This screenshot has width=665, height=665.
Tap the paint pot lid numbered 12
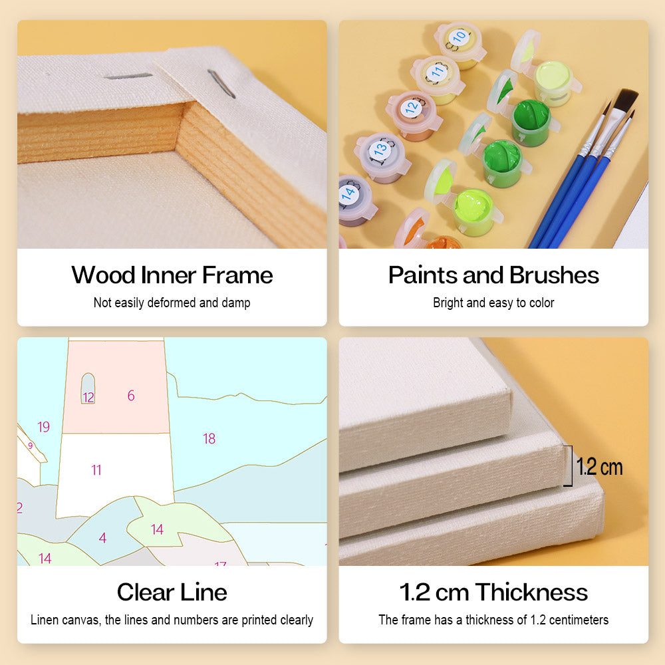click(412, 108)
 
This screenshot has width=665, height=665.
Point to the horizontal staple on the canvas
click(128, 76)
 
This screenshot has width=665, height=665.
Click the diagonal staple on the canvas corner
click(221, 84)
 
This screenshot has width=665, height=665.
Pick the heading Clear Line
click(172, 592)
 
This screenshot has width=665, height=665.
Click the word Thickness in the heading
click(531, 592)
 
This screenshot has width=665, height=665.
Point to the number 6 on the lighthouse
click(131, 396)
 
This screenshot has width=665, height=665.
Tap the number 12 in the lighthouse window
click(88, 398)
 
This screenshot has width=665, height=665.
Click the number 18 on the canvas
click(209, 438)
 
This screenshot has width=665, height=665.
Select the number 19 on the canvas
click(43, 427)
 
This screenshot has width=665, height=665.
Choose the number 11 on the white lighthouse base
click(96, 470)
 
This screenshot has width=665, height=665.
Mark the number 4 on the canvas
click(102, 538)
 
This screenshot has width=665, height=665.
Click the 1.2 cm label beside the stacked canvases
click(599, 467)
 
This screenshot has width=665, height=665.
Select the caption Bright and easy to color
click(493, 303)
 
